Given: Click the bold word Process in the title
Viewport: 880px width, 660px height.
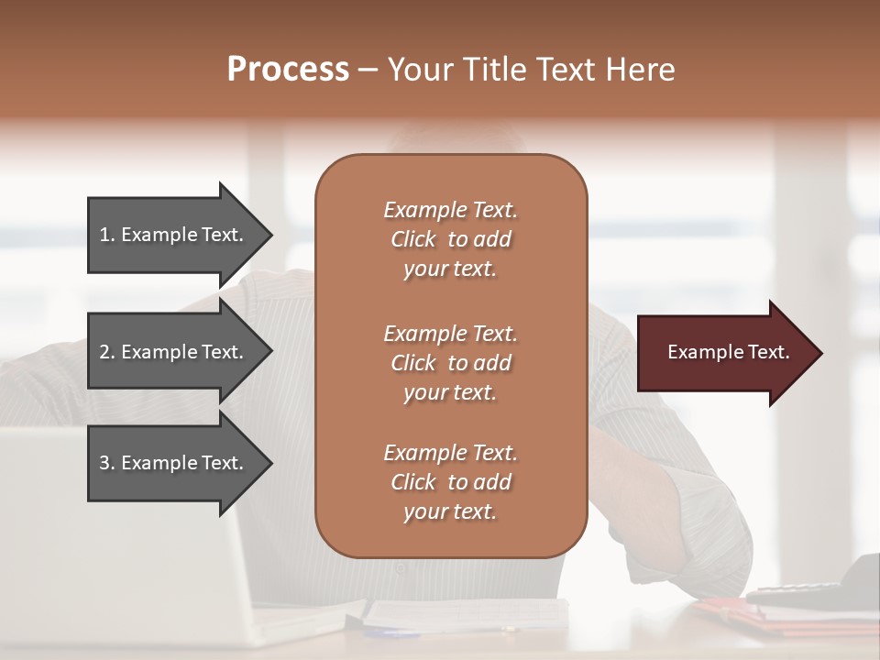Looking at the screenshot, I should pos(288,70).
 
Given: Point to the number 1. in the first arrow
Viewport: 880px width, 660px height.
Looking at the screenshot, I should pos(107,235).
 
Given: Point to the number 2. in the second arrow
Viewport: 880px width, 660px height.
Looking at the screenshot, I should pos(107,352).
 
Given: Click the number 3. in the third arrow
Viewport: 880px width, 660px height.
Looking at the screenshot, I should pos(107,463).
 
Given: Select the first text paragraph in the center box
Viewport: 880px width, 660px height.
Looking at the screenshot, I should pos(450,239).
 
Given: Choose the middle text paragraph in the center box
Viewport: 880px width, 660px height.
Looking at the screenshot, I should pos(450,363).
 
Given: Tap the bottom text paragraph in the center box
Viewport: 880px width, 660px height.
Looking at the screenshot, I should pos(450,482).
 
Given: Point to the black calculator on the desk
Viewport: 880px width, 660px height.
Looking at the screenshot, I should pos(825,587).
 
